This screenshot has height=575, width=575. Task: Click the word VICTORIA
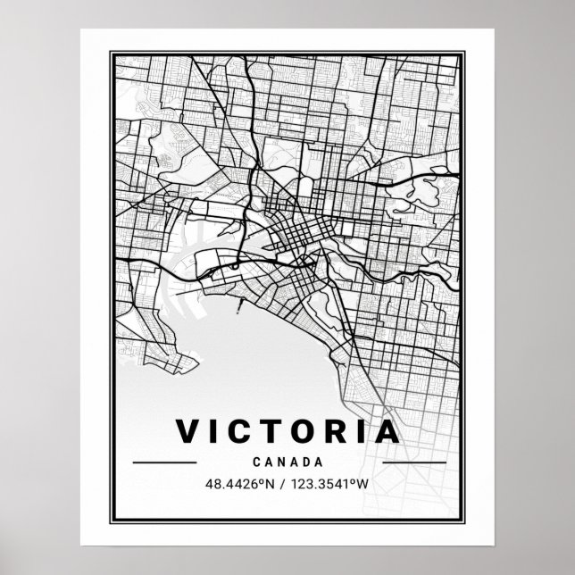click(288, 431)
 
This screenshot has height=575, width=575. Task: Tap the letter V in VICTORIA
click(189, 431)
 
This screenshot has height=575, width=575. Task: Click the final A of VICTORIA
click(387, 431)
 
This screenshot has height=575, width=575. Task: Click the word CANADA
click(288, 462)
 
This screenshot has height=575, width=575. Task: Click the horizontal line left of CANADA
click(163, 462)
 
